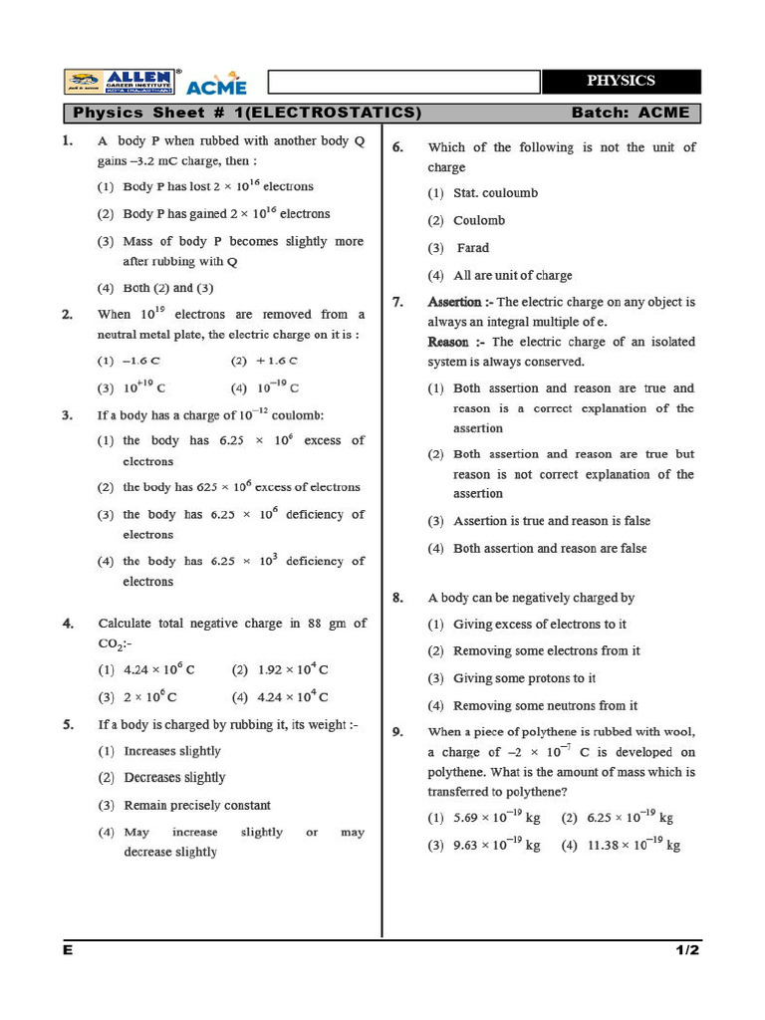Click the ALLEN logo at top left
tap(123, 82)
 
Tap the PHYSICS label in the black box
tap(621, 81)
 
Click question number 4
tap(68, 624)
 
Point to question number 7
tap(397, 302)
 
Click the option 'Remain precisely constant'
tap(196, 805)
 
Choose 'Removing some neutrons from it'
tap(545, 705)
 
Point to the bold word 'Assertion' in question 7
tap(454, 302)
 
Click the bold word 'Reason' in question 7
tap(448, 342)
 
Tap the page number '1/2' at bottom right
tap(687, 950)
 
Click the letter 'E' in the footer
tap(68, 950)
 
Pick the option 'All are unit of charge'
tap(512, 275)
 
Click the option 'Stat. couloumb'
tap(495, 193)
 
